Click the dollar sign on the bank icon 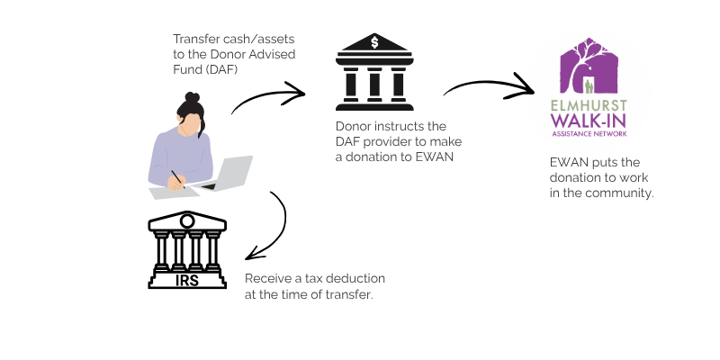pos(374,42)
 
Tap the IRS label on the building pos(187,280)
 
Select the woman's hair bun pos(192,97)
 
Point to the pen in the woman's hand pos(178,179)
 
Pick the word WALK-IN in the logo pos(589,121)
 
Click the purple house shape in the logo pos(589,66)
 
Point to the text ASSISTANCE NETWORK pos(589,133)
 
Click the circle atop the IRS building pos(187,221)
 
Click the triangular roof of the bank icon pos(374,43)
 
